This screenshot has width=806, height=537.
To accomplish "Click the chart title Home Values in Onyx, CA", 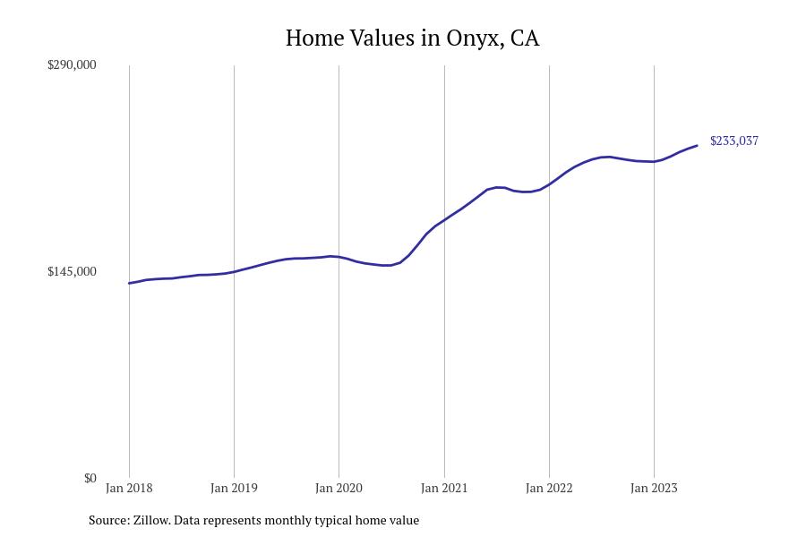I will point(412,38).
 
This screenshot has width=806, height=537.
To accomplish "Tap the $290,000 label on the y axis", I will point(72,64).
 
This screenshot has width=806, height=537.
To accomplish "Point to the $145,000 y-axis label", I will point(72,271).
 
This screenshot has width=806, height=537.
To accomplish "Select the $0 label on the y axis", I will point(90,478).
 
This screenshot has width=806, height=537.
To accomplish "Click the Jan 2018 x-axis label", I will point(129,489).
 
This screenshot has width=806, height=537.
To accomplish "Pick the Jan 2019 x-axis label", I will point(234,489).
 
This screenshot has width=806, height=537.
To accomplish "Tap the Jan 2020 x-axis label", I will point(339,489).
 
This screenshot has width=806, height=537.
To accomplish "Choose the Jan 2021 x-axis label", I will point(444,489).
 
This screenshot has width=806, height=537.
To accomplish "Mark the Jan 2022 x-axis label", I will point(549,489).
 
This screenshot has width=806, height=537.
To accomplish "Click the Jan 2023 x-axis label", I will point(654,489).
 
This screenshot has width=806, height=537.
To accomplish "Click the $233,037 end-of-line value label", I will point(734,141).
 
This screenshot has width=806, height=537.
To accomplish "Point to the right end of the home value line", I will point(697,146).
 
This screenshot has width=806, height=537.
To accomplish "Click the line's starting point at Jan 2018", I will point(129,283).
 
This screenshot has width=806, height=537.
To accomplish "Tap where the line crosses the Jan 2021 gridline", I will point(444,219).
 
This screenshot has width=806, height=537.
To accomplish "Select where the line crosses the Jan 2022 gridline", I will point(549,183).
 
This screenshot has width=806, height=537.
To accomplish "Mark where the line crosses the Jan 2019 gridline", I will point(234,271).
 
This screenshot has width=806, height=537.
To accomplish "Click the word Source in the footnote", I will point(107,520).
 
